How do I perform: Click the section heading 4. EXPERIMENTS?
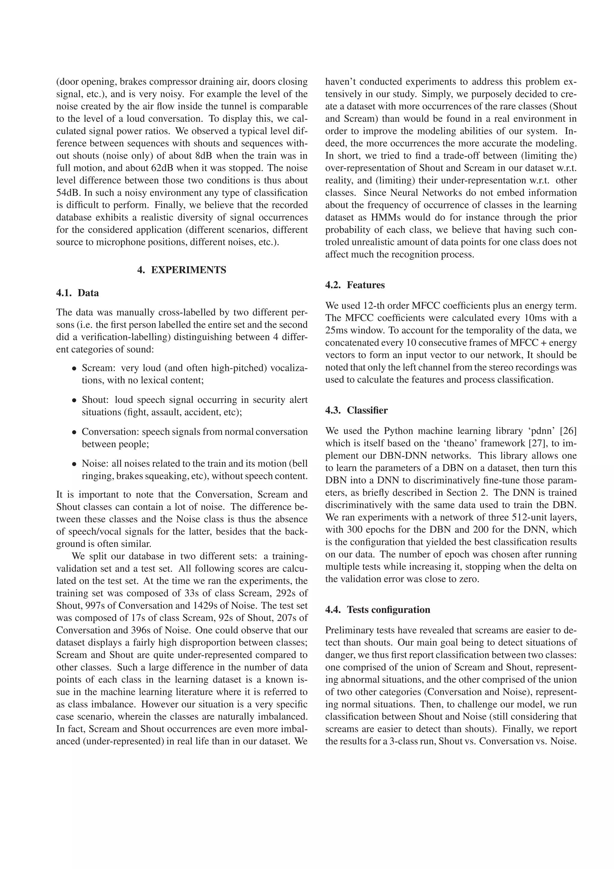click(182, 270)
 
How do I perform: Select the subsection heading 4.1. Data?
click(78, 293)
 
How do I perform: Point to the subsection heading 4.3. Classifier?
click(356, 410)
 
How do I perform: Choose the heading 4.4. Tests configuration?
click(377, 610)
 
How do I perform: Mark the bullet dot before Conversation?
click(75, 432)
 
